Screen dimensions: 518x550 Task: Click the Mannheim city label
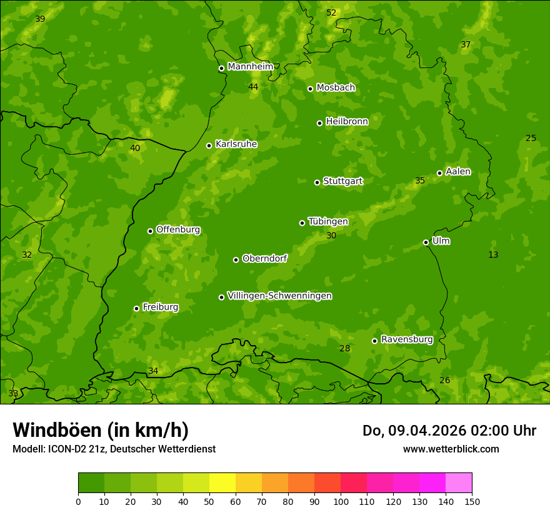[x=250, y=66]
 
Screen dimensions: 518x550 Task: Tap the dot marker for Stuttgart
[x=317, y=182]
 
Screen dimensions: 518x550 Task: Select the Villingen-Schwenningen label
[x=279, y=296]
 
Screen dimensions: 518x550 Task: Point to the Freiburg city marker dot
[x=136, y=308]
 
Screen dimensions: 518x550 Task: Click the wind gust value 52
[x=331, y=12]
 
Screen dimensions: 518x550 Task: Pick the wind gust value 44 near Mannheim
[x=253, y=87]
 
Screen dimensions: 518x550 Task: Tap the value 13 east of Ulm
[x=493, y=254]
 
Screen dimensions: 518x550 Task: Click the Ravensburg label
[x=407, y=340]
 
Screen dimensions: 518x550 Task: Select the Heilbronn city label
[x=347, y=122]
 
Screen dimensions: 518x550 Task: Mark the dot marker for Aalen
[x=439, y=173]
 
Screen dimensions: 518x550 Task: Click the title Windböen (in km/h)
[x=101, y=430]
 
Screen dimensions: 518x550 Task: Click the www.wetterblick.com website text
[x=451, y=449]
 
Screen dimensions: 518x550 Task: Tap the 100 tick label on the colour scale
[x=341, y=501]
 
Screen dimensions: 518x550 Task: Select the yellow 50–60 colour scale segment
[x=222, y=483]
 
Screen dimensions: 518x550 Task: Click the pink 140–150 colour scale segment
[x=459, y=483]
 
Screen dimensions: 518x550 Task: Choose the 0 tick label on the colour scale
[x=78, y=501]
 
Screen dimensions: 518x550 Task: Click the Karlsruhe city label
[x=236, y=144]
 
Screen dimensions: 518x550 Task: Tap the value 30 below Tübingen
[x=331, y=235]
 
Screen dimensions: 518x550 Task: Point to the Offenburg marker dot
[x=150, y=231]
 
